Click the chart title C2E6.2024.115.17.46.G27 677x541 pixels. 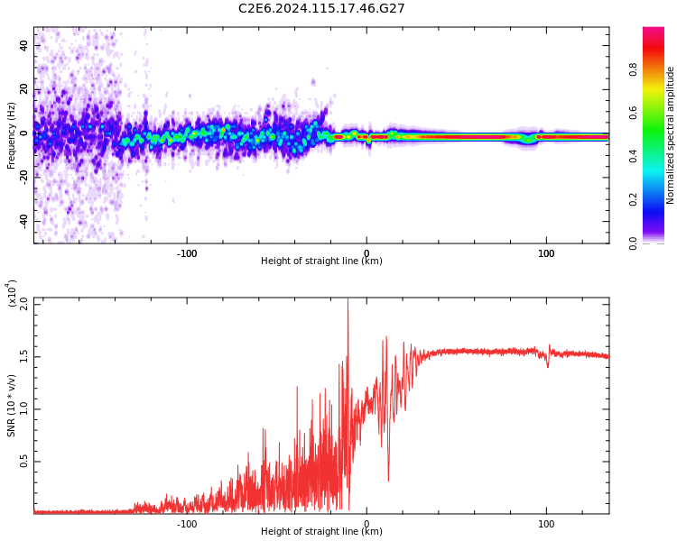[321, 8]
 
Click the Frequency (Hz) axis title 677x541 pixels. [11, 135]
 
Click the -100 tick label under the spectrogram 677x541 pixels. [187, 253]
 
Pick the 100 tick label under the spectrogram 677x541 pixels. [546, 253]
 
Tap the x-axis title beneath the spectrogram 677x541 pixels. [321, 261]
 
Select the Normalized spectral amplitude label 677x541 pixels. [671, 135]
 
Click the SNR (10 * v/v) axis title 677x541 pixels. [11, 406]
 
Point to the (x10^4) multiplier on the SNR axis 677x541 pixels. [11, 294]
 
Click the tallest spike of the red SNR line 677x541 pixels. [348, 301]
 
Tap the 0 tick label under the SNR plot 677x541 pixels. [366, 524]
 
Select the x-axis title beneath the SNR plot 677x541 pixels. [321, 532]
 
